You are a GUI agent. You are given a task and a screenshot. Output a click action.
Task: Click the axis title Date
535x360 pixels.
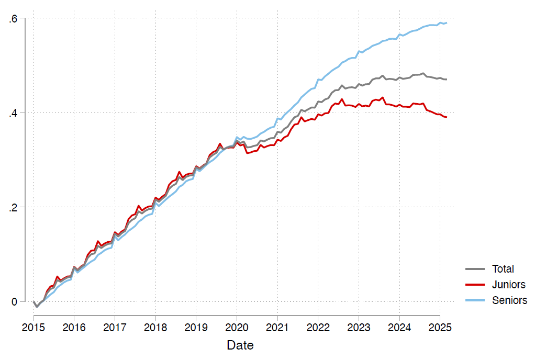(240, 345)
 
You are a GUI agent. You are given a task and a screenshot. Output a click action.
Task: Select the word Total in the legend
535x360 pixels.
(503, 269)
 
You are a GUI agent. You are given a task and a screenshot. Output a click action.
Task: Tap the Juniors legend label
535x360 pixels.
(508, 285)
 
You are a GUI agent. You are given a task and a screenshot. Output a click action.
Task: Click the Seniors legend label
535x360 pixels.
(509, 300)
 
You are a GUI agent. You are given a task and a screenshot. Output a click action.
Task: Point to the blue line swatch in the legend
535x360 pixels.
(475, 300)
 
